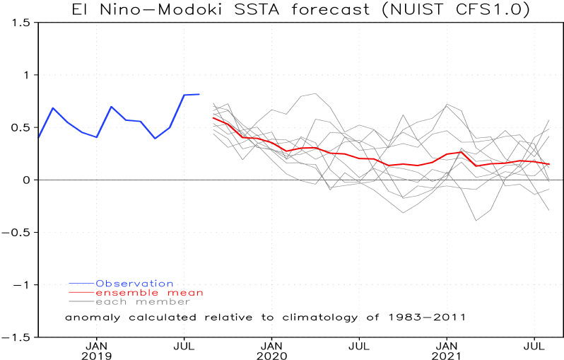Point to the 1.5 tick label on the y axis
pos(20,23)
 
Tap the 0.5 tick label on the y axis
pos(20,127)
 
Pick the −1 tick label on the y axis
pos(23,284)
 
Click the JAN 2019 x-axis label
pos(97,352)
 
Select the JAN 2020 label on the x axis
pos(272,352)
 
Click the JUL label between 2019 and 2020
pos(184,346)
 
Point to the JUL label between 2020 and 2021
pos(360,346)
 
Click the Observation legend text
pos(134,283)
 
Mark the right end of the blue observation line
pos(199,94)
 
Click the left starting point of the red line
pos(213,117)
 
